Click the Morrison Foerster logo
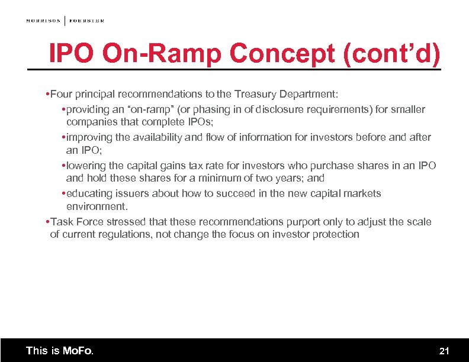[x=65, y=21]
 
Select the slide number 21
[x=444, y=351]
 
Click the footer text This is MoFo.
[x=60, y=351]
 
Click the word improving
[x=89, y=137]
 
